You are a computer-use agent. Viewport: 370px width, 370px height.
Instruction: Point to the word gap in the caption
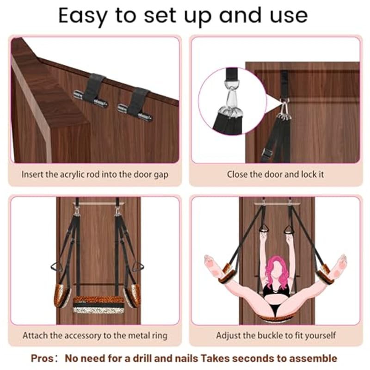(160, 175)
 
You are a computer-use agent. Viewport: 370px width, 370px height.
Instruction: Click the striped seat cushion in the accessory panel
(99, 305)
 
